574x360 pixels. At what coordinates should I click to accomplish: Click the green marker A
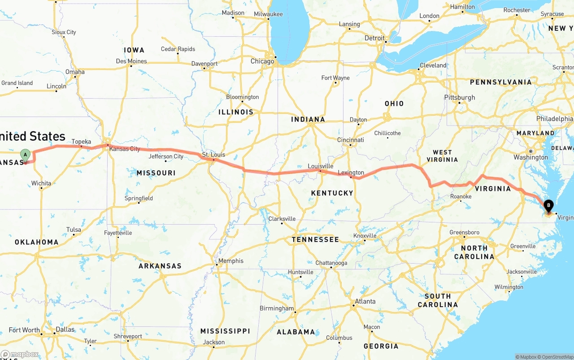pyautogui.click(x=26, y=155)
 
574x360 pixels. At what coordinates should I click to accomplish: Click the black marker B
pyautogui.click(x=548, y=207)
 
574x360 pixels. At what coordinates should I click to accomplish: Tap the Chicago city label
pyautogui.click(x=262, y=61)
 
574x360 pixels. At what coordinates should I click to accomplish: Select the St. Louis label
pyautogui.click(x=213, y=155)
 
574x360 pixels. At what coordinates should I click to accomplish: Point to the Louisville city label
pyautogui.click(x=320, y=166)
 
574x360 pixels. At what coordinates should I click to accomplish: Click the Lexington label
pyautogui.click(x=351, y=173)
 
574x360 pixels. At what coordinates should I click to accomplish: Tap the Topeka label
pyautogui.click(x=81, y=142)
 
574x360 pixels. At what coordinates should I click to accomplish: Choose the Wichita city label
pyautogui.click(x=41, y=183)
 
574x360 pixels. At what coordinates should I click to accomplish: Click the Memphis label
pyautogui.click(x=230, y=260)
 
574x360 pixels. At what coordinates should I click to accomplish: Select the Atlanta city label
pyautogui.click(x=365, y=301)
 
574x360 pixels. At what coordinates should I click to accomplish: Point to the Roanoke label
pyautogui.click(x=461, y=196)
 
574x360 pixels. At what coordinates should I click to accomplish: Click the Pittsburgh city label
pyautogui.click(x=459, y=97)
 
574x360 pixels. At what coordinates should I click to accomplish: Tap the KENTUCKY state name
pyautogui.click(x=332, y=193)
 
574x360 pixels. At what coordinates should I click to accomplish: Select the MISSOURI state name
pyautogui.click(x=156, y=173)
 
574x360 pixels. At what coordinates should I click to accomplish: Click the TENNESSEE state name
pyautogui.click(x=315, y=239)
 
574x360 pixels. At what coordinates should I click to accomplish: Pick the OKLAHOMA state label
pyautogui.click(x=36, y=242)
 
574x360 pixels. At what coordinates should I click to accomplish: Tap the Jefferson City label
pyautogui.click(x=166, y=156)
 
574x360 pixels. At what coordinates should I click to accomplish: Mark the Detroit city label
pyautogui.click(x=374, y=38)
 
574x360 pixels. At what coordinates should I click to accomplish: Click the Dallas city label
pyautogui.click(x=65, y=329)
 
